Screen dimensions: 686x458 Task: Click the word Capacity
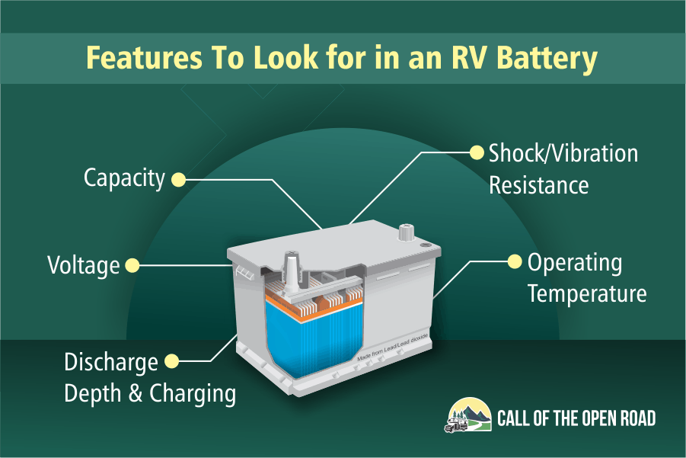(x=124, y=178)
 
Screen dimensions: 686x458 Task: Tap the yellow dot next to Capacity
(x=178, y=180)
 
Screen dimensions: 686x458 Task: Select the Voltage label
(x=84, y=265)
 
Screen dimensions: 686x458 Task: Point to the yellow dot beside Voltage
(x=132, y=265)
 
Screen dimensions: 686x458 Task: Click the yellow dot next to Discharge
(x=171, y=362)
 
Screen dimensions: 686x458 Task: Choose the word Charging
(x=193, y=394)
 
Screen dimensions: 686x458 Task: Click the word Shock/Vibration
(x=563, y=154)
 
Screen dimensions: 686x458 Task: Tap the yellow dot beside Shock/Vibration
(x=477, y=152)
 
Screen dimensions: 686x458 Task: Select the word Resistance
(x=538, y=185)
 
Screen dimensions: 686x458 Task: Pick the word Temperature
(x=587, y=293)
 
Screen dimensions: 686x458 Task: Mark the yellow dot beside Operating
(x=515, y=262)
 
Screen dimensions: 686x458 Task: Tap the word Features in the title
(x=144, y=57)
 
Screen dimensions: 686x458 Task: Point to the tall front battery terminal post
(x=291, y=271)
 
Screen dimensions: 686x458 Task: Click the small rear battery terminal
(x=406, y=232)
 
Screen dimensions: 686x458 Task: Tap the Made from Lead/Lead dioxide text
(x=392, y=348)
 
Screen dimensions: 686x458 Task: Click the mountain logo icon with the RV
(x=468, y=415)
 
